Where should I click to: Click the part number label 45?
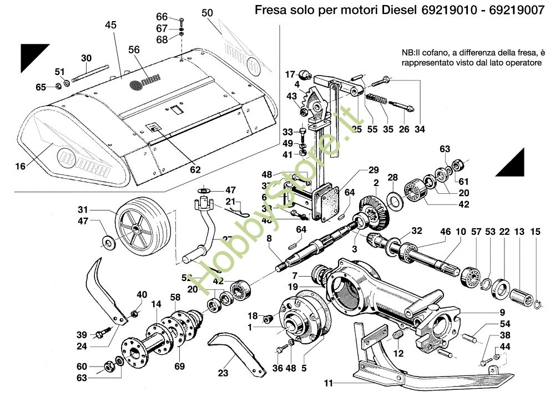[110, 24]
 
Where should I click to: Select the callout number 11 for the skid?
[329, 383]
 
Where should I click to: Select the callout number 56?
[134, 49]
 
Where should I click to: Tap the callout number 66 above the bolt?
[162, 17]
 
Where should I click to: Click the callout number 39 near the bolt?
[82, 334]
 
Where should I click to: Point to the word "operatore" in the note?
[521, 63]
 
